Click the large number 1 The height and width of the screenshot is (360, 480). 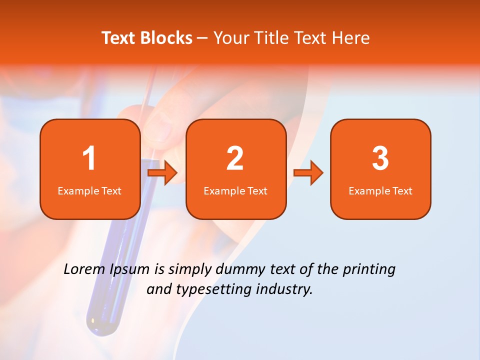pos(89,158)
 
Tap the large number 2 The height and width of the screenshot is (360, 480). pos(235,158)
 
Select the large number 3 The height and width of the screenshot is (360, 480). pos(380,158)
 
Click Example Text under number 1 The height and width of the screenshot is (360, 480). pos(89,191)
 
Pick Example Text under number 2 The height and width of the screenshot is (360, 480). pos(235,191)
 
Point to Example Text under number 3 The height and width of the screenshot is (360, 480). pos(380,191)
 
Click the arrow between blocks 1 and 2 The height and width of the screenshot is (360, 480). pos(162,173)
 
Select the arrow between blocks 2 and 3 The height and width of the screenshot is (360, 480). pos(308,173)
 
